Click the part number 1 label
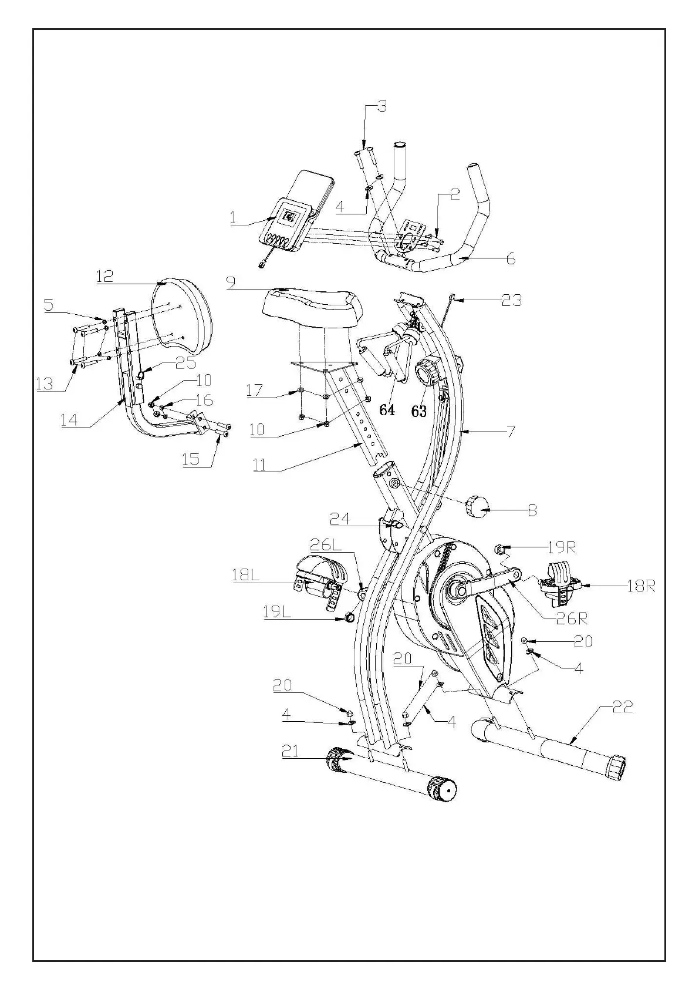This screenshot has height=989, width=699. tap(233, 218)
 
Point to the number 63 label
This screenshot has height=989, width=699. tap(418, 411)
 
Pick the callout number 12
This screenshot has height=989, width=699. tap(105, 276)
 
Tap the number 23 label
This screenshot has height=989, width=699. tap(511, 300)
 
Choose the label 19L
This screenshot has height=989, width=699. tap(277, 613)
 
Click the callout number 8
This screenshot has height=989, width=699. tap(532, 510)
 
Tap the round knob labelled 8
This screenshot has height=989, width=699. tap(478, 506)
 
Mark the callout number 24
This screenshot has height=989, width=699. tap(340, 519)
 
